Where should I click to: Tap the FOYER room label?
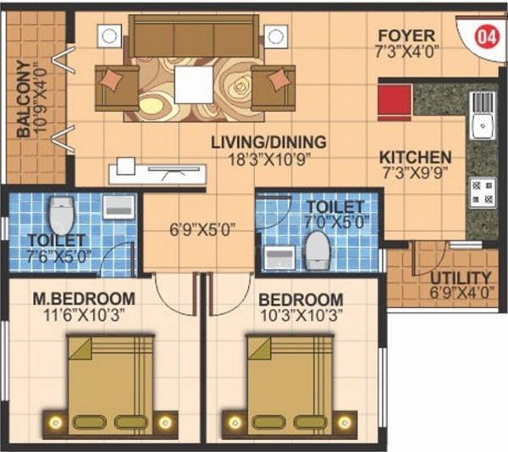tap(406, 36)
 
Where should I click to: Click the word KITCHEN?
tap(414, 157)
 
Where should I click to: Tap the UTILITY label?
tap(460, 278)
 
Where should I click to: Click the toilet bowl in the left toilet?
tap(59, 215)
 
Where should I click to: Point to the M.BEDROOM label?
tap(83, 299)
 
